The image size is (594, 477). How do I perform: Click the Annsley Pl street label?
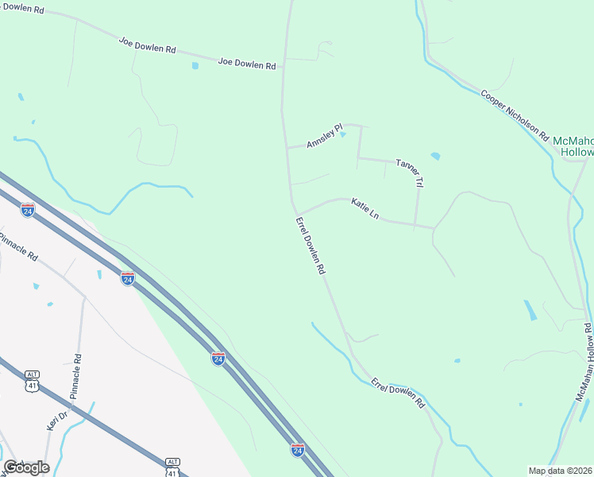click(x=324, y=136)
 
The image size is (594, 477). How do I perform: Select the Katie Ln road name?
click(x=365, y=209)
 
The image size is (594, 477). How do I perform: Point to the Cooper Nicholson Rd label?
click(x=515, y=114)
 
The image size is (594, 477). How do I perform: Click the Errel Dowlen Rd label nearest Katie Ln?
click(x=310, y=246)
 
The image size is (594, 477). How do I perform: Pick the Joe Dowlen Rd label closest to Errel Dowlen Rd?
click(x=246, y=64)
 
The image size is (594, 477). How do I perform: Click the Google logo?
click(x=26, y=467)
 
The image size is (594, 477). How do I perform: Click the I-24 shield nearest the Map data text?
click(x=298, y=450)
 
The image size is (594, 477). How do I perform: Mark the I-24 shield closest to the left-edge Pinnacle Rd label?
click(x=28, y=211)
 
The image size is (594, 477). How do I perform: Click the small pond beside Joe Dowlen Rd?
click(x=195, y=66)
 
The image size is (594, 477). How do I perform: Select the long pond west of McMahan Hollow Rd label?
click(x=530, y=310)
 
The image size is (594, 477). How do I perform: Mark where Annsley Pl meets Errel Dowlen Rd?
click(x=287, y=148)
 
